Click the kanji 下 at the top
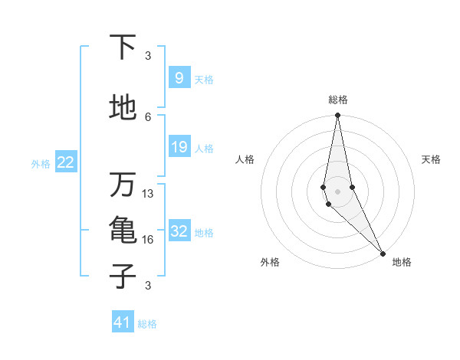[123, 47]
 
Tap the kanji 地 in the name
[123, 108]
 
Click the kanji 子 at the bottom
[123, 276]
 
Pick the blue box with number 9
[179, 78]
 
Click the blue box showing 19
[179, 147]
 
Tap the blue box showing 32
[179, 232]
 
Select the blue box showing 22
[66, 162]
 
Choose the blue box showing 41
[123, 322]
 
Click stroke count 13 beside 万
[149, 194]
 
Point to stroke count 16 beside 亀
[149, 240]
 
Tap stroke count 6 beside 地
[149, 116]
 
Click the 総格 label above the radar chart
[338, 100]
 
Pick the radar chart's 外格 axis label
[270, 262]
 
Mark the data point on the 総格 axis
[337, 116]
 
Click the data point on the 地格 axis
[383, 253]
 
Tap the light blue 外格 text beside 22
[41, 163]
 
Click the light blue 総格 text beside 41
[147, 324]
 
